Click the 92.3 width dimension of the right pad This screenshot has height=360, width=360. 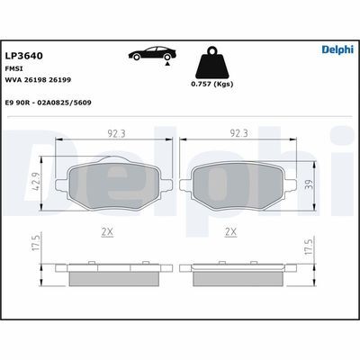coord(238,133)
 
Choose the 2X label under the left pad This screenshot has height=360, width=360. coord(107,231)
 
